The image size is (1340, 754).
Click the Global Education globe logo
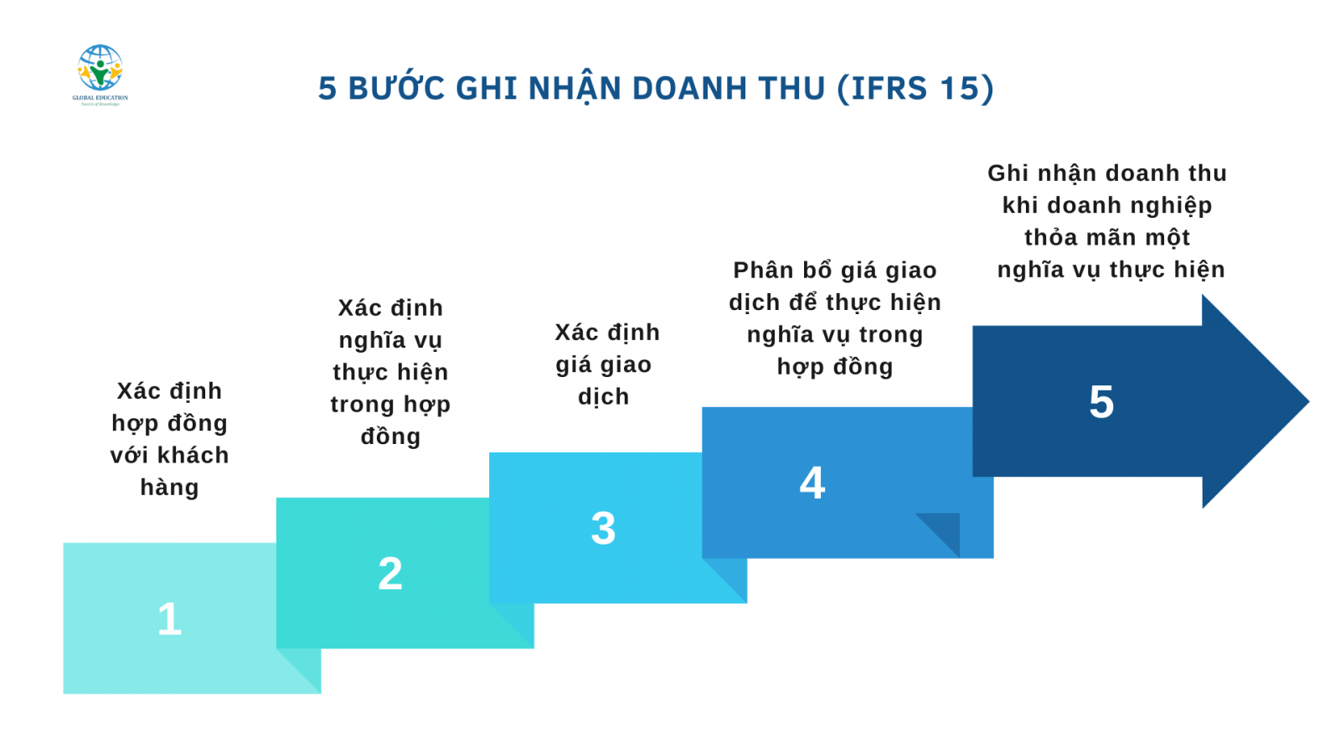[100, 75]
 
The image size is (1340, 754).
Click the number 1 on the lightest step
[169, 619]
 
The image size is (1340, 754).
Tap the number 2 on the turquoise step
[390, 574]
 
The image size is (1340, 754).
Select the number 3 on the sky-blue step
[603, 529]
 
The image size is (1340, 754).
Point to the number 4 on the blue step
[812, 483]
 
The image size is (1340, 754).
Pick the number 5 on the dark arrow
[1101, 401]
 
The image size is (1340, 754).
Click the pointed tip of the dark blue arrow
[1309, 401]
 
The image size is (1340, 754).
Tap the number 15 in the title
[956, 88]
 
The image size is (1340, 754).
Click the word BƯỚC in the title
[397, 88]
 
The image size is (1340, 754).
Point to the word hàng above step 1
[169, 487]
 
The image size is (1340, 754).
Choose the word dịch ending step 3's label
[604, 397]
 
